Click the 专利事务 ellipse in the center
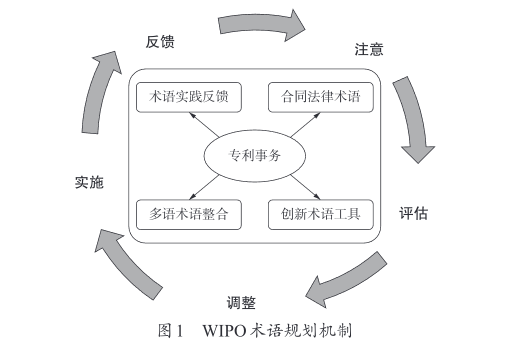[x=254, y=156]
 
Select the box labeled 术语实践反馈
[x=188, y=97]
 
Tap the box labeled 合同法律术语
[x=320, y=97]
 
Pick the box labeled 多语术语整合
[x=188, y=214]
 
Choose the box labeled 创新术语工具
[x=320, y=214]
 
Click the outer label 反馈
[x=160, y=42]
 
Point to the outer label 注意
[x=369, y=49]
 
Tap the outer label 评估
[x=413, y=213]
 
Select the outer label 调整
[x=241, y=302]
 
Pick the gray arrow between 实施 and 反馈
[x=100, y=90]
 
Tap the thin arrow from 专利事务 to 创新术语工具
[x=304, y=186]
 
